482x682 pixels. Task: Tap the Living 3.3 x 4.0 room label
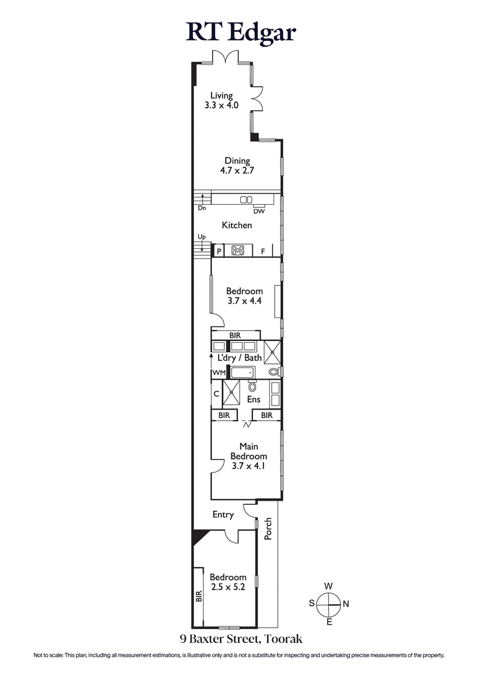[x=221, y=100]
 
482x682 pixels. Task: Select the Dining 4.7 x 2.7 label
[x=237, y=166]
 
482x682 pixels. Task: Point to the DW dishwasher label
[x=259, y=211]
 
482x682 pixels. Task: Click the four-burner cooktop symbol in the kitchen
[x=237, y=251]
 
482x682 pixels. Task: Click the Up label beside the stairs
[x=202, y=237]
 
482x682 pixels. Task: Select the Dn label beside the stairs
[x=202, y=208]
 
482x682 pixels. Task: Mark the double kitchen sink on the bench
[x=247, y=200]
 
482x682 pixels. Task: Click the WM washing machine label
[x=218, y=374]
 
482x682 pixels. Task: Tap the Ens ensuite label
[x=253, y=399]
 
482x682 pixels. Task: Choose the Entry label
[x=223, y=515]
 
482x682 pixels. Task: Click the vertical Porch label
[x=269, y=528]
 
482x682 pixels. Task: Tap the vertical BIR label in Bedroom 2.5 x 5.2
[x=198, y=596]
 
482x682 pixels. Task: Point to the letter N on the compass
[x=346, y=603]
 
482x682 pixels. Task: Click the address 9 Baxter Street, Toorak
[x=240, y=639]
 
